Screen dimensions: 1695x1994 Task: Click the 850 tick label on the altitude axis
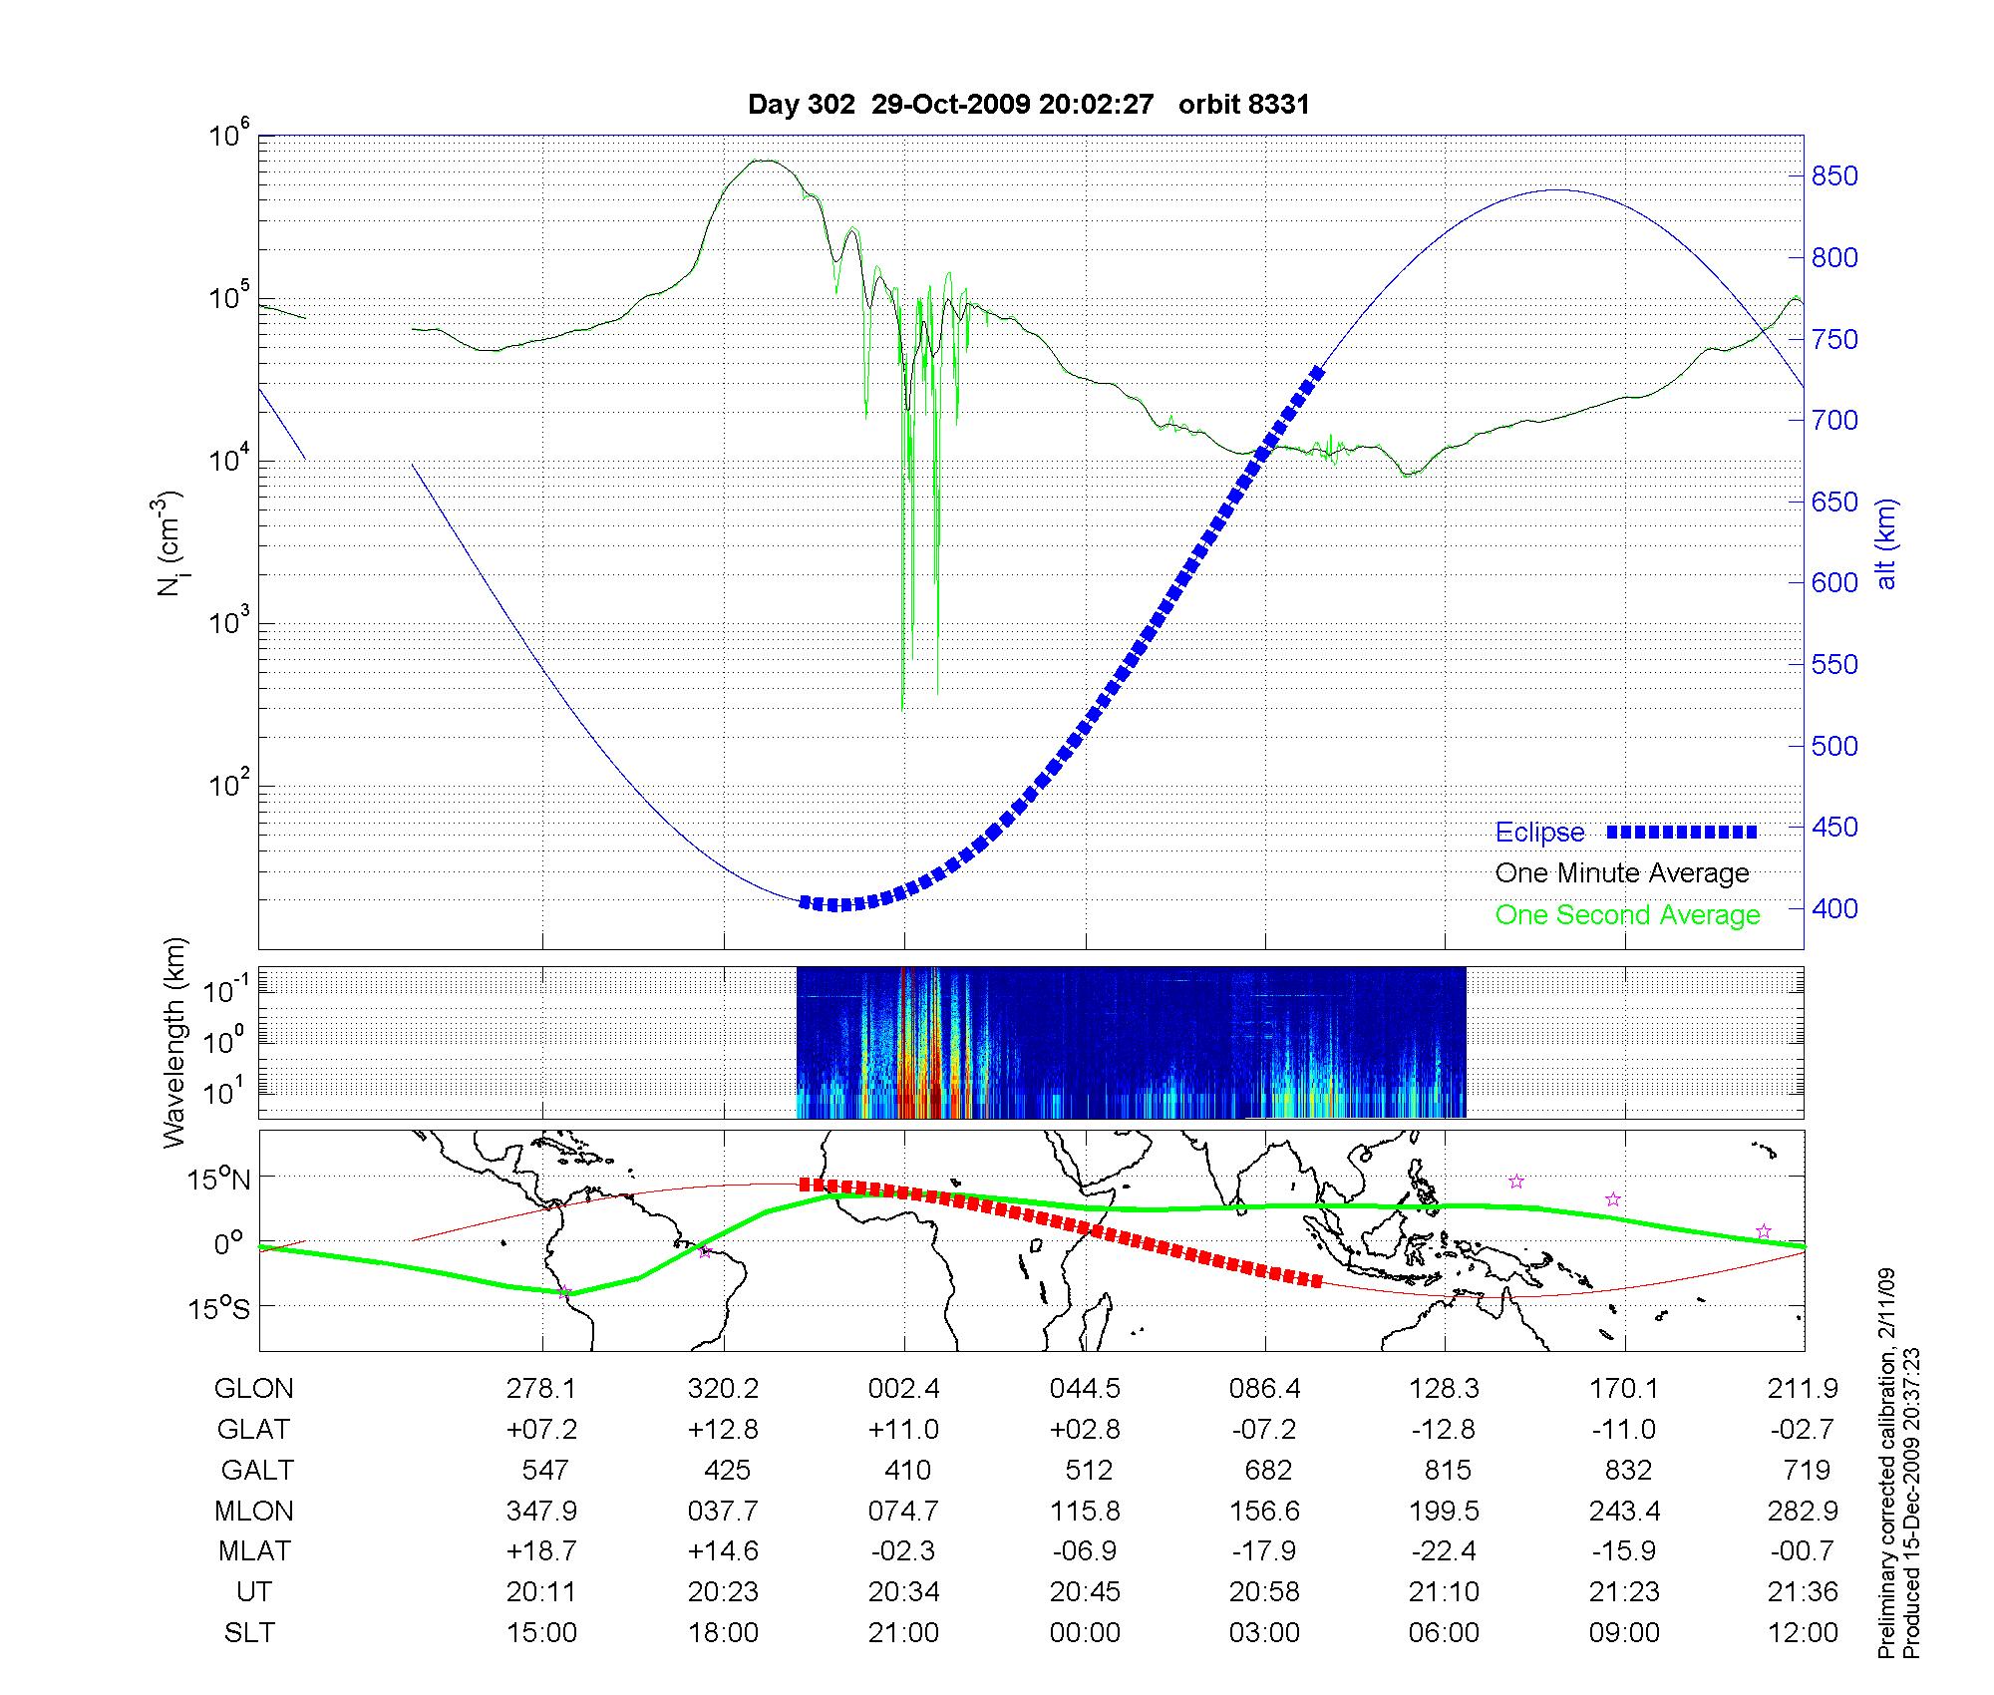click(x=1834, y=176)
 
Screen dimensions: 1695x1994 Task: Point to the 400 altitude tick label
click(x=1834, y=908)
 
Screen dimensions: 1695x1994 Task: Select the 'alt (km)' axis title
click(x=1886, y=543)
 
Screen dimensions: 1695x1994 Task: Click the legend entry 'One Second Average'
click(x=1627, y=915)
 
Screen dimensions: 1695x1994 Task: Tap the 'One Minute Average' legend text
click(x=1622, y=873)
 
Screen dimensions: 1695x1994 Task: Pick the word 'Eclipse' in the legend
click(x=1539, y=833)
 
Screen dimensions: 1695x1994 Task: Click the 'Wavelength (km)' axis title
click(x=174, y=1042)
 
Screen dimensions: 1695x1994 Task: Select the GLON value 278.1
click(x=541, y=1388)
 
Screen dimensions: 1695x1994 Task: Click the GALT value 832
click(x=1625, y=1470)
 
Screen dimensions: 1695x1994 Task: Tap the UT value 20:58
click(x=1264, y=1592)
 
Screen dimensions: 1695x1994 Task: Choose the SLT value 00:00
click(x=1085, y=1633)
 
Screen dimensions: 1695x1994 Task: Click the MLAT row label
click(x=254, y=1551)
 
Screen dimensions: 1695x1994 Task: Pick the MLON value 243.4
click(x=1625, y=1511)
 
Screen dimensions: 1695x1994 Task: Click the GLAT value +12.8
click(x=723, y=1429)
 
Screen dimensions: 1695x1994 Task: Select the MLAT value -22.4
click(x=1444, y=1551)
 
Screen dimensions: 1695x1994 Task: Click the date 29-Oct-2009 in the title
click(x=950, y=105)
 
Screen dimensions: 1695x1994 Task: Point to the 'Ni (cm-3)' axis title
click(x=167, y=543)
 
